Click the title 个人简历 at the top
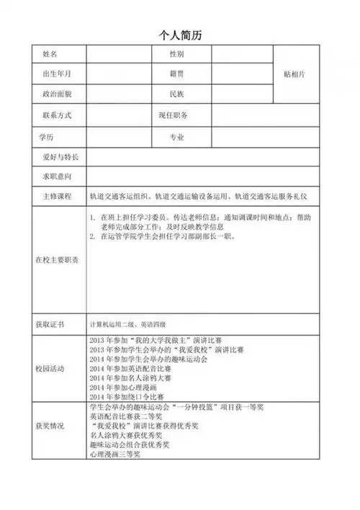tap(181, 35)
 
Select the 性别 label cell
tap(177, 55)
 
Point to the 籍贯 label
tap(177, 73)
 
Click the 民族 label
tap(177, 94)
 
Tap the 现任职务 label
tap(174, 115)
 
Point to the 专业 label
tap(177, 136)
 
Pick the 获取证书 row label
tap(50, 324)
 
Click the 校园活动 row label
tap(50, 368)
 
